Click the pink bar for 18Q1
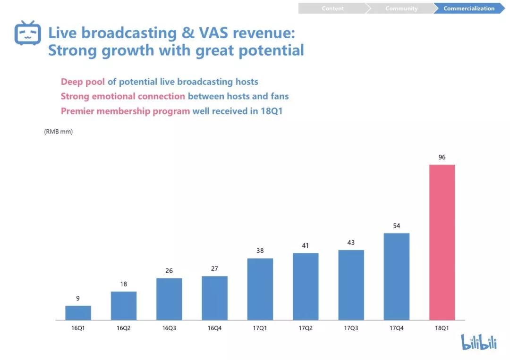(442, 242)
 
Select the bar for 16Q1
(78, 313)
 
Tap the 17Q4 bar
(396, 276)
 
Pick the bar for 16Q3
(169, 299)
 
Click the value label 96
(442, 157)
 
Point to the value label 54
(396, 226)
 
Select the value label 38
(260, 251)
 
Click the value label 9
(78, 298)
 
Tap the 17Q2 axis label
(305, 327)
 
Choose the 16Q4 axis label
(214, 327)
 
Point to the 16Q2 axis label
(123, 327)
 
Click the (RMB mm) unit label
(59, 132)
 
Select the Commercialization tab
(468, 8)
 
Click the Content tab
(332, 8)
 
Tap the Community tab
(401, 8)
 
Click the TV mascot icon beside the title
(28, 33)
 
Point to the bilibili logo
(479, 342)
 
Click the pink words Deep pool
(83, 82)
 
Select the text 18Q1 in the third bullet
(271, 112)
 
